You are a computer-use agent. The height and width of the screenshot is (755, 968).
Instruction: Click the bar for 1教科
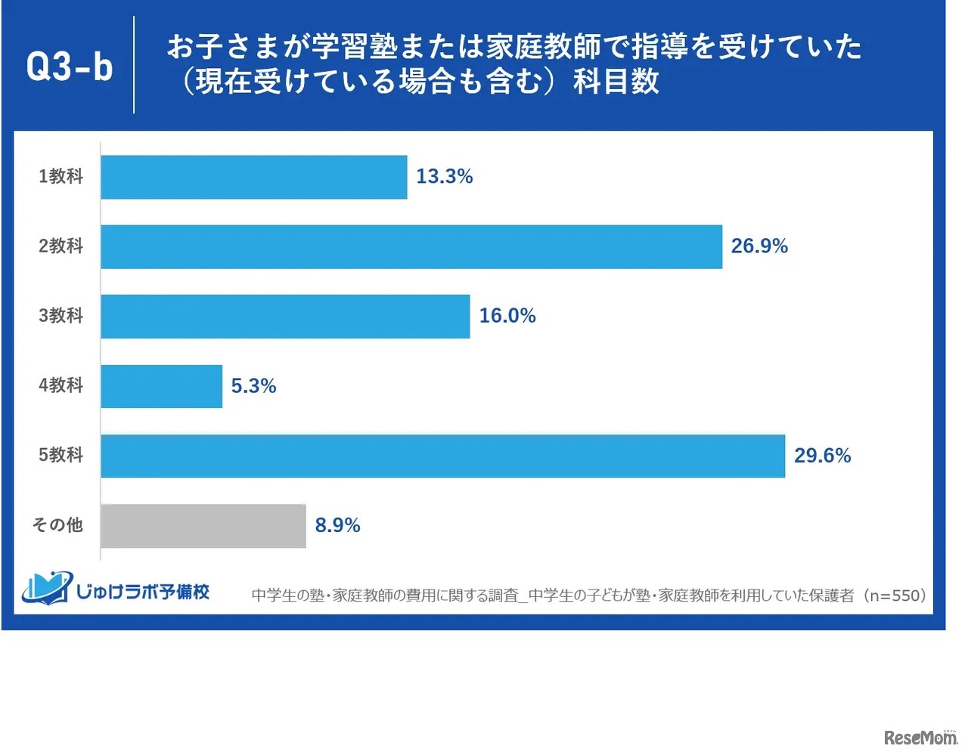pyautogui.click(x=253, y=177)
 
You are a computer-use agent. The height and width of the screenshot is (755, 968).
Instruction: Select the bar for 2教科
pyautogui.click(x=411, y=246)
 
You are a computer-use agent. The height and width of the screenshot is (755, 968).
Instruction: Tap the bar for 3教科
pyautogui.click(x=285, y=316)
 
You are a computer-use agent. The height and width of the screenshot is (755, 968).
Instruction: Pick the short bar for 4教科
pyautogui.click(x=161, y=386)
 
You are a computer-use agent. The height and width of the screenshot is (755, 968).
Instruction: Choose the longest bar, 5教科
pyautogui.click(x=442, y=456)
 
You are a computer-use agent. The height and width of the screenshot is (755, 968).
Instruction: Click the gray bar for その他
pyautogui.click(x=203, y=525)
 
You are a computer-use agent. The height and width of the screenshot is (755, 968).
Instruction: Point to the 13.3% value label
pyautogui.click(x=444, y=177)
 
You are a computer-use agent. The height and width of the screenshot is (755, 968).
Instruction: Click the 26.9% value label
pyautogui.click(x=759, y=246)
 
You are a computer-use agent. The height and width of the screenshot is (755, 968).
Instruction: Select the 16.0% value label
pyautogui.click(x=507, y=316)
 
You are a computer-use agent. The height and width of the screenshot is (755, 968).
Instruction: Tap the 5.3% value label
pyautogui.click(x=253, y=386)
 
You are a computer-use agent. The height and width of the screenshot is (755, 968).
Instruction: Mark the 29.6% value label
pyautogui.click(x=822, y=456)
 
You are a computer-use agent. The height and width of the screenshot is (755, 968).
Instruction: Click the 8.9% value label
pyautogui.click(x=337, y=525)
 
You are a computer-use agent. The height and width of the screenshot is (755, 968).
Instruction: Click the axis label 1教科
pyautogui.click(x=60, y=177)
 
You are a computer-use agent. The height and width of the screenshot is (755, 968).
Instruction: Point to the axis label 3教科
pyautogui.click(x=60, y=316)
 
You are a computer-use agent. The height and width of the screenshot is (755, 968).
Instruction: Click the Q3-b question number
pyautogui.click(x=69, y=67)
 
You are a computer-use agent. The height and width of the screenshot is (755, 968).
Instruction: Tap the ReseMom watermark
pyautogui.click(x=920, y=737)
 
